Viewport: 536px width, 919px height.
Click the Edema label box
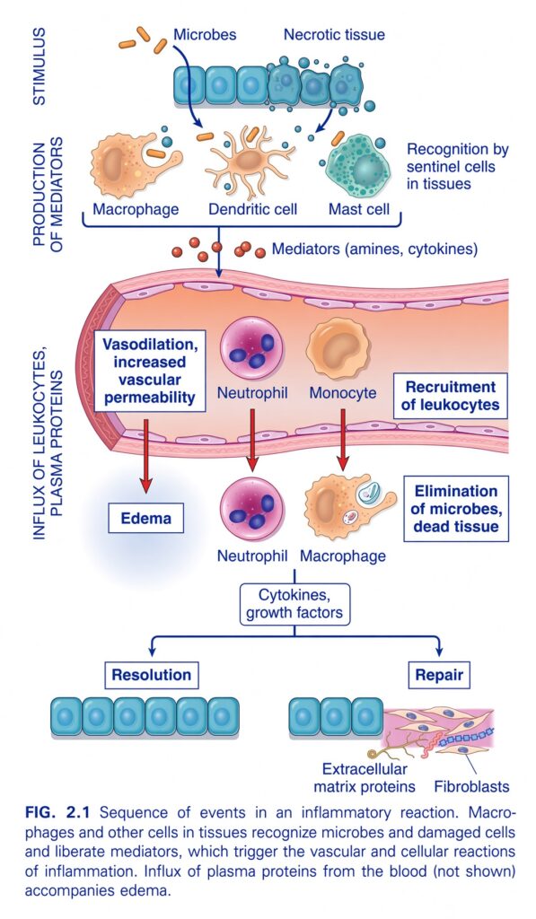tap(146, 518)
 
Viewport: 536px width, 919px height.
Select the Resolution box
tap(152, 675)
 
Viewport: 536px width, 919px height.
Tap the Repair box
tap(439, 675)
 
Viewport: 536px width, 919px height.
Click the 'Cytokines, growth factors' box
tap(294, 604)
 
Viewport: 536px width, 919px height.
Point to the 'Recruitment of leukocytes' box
tap(451, 396)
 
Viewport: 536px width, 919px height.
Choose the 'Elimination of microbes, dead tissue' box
tap(456, 508)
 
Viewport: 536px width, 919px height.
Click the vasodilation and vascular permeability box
tap(150, 371)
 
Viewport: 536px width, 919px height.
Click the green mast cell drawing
tap(357, 168)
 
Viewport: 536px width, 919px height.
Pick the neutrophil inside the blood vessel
tap(252, 349)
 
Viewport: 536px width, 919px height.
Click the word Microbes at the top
tap(205, 35)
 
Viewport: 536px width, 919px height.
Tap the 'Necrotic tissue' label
tap(334, 35)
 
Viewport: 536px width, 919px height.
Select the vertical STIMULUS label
tap(40, 66)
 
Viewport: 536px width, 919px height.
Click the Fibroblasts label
tap(472, 786)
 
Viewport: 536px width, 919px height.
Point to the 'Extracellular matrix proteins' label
tap(365, 777)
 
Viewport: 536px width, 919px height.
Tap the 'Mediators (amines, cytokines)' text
tap(374, 249)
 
